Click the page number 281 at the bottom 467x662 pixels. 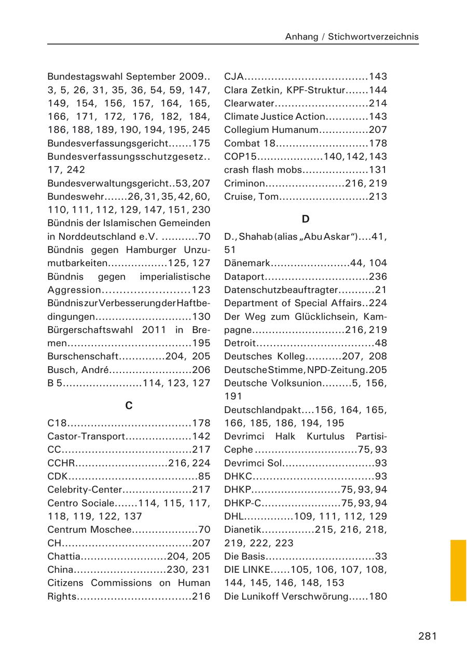tap(427, 637)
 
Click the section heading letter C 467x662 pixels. tap(129, 406)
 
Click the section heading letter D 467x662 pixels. tap(306, 219)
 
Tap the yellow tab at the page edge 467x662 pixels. tap(458, 570)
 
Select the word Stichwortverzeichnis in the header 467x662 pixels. tap(373, 37)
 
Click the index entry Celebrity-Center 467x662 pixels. tap(85, 490)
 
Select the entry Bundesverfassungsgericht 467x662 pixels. tap(107, 143)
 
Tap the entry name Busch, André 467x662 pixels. tap(78, 370)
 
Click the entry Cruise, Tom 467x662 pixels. tap(252, 197)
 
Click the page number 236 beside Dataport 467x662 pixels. tap(378, 277)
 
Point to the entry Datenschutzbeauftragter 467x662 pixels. tap(281, 290)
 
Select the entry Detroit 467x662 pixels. tap(240, 343)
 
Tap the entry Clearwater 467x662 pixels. tap(249, 103)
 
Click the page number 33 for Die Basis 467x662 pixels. tap(381, 556)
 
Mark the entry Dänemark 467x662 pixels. tap(248, 263)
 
